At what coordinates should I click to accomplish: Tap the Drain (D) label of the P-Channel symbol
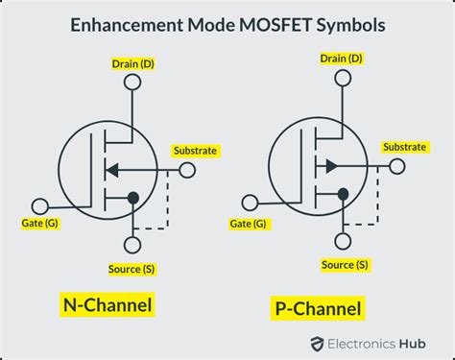click(x=341, y=59)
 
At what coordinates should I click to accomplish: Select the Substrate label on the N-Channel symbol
click(x=195, y=151)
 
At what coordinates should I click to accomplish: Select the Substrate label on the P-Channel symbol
click(x=405, y=147)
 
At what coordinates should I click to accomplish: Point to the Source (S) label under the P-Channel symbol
click(x=345, y=265)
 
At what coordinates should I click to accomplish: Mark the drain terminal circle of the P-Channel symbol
click(x=341, y=78)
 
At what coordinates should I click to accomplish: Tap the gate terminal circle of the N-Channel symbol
click(x=40, y=204)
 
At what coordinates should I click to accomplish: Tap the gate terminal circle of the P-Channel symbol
click(x=251, y=202)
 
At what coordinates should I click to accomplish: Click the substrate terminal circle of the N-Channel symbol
click(x=186, y=170)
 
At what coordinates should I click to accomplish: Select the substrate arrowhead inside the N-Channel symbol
click(x=112, y=170)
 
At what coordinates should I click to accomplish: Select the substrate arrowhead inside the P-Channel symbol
click(x=329, y=165)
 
